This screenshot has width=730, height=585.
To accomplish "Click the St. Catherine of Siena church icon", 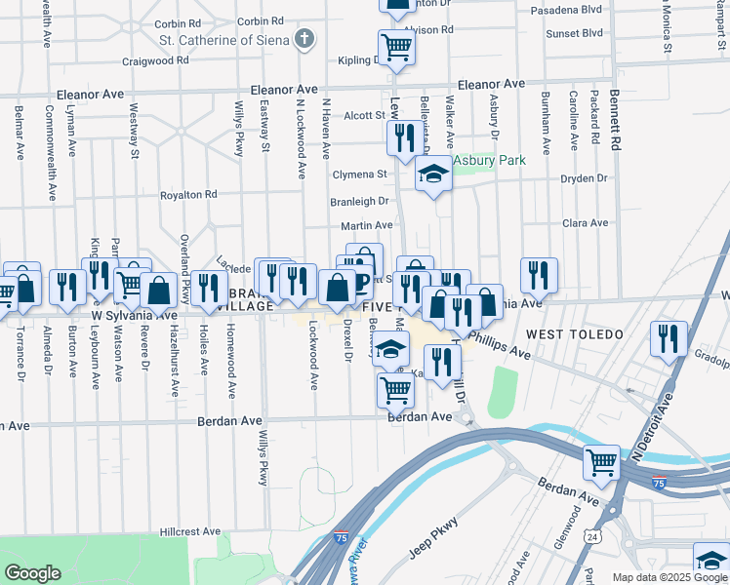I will (305, 40).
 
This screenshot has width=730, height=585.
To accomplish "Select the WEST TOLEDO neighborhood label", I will (574, 334).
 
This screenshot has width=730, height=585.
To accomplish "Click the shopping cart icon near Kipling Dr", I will (396, 46).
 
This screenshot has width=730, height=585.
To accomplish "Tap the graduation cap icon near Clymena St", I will (433, 175).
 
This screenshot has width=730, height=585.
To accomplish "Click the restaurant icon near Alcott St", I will (402, 137).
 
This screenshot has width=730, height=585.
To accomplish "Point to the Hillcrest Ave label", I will (190, 532).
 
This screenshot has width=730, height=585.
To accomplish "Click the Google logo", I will (32, 572).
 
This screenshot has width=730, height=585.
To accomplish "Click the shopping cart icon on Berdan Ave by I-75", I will (601, 461).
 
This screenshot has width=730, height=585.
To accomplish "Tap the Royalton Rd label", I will (189, 195).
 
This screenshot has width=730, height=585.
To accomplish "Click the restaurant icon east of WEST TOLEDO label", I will (669, 338).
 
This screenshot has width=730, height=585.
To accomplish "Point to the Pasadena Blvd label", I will (565, 11).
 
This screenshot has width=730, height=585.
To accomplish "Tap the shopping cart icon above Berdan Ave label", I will (395, 390).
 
